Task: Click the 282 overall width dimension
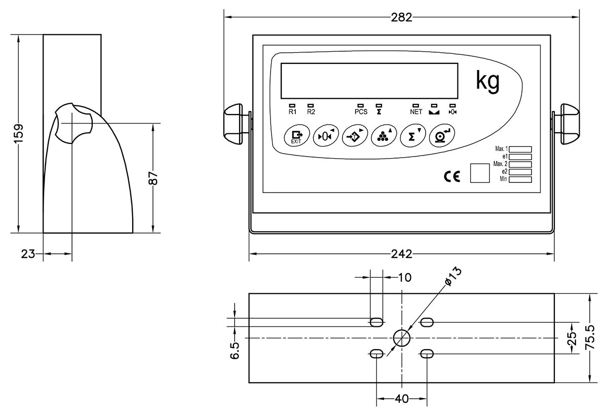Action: (x=401, y=17)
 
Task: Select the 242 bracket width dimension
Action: (x=401, y=253)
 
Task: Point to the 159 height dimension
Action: (x=18, y=133)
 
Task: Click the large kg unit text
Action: (x=488, y=81)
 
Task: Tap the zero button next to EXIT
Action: (x=324, y=136)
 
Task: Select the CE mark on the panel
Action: (x=451, y=176)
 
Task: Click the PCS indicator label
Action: (x=361, y=112)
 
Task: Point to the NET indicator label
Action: (x=416, y=112)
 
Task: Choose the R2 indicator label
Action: (x=311, y=112)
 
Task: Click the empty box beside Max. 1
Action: (x=520, y=149)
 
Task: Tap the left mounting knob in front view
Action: (x=235, y=122)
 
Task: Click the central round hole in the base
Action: (x=401, y=337)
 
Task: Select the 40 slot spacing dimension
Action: (x=401, y=399)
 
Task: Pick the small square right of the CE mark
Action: (x=480, y=173)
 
